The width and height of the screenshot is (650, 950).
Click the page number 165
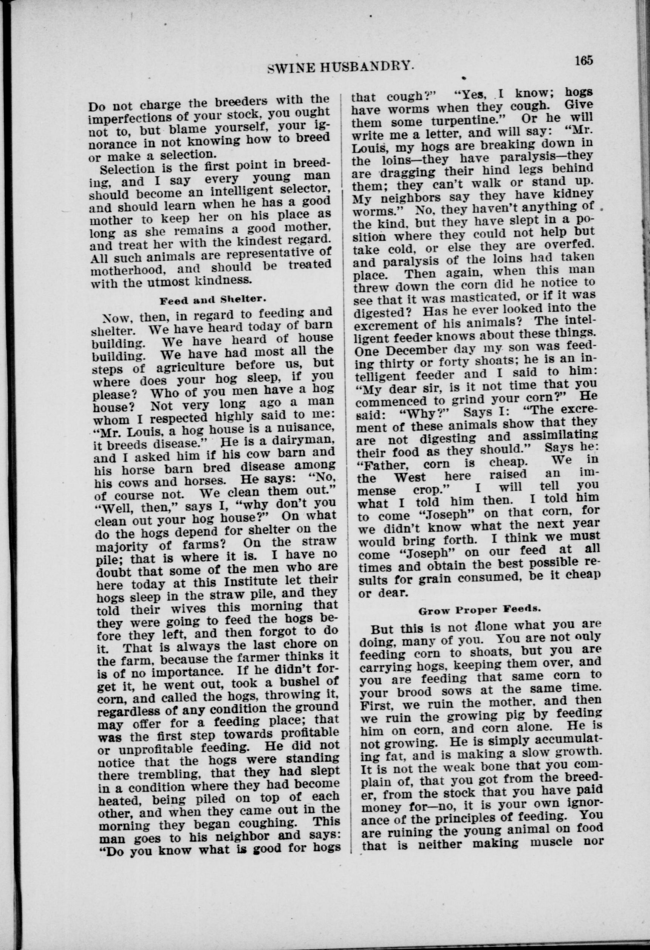583,60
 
